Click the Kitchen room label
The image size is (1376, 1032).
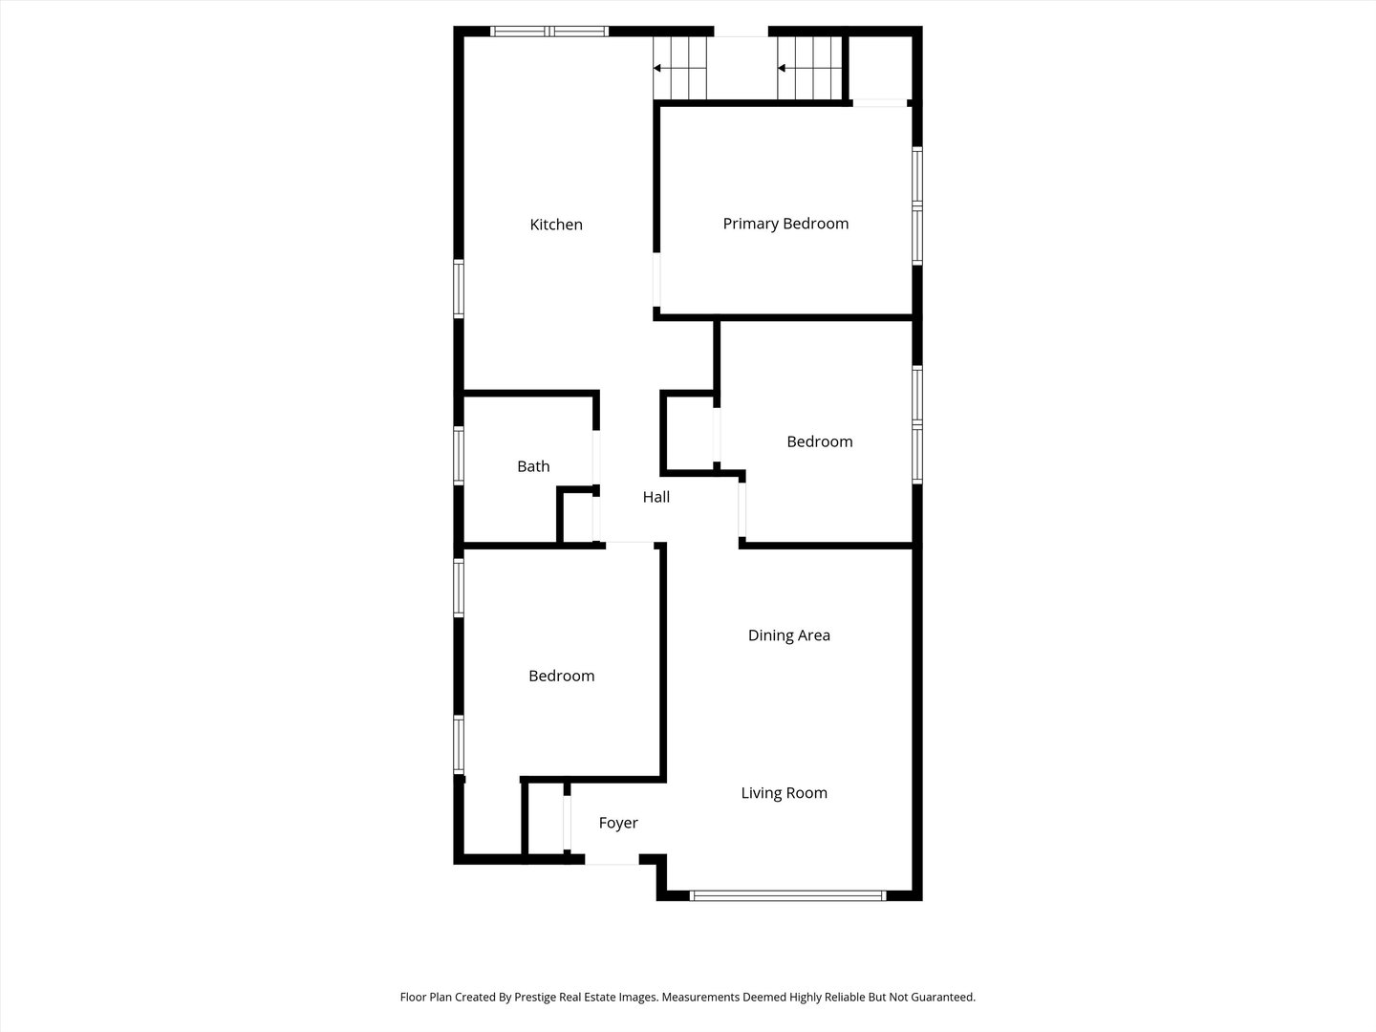pyautogui.click(x=556, y=225)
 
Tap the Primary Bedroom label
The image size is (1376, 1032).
pyautogui.click(x=785, y=224)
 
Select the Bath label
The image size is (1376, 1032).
pyautogui.click(x=533, y=466)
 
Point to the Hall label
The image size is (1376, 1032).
pyautogui.click(x=656, y=497)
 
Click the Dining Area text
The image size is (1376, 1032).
pyautogui.click(x=788, y=635)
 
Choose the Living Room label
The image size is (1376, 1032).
pyautogui.click(x=785, y=793)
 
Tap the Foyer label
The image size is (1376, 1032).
pyautogui.click(x=618, y=823)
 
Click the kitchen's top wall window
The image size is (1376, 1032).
pyautogui.click(x=549, y=32)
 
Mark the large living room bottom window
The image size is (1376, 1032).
pyautogui.click(x=788, y=896)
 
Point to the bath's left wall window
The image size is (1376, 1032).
pyautogui.click(x=459, y=456)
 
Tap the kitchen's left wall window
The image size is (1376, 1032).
pyautogui.click(x=459, y=289)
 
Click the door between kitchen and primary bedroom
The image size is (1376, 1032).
pyautogui.click(x=656, y=279)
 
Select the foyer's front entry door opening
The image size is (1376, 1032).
pyautogui.click(x=612, y=860)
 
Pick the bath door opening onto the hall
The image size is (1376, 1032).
pyautogui.click(x=596, y=457)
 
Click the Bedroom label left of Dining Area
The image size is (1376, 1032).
pyautogui.click(x=561, y=676)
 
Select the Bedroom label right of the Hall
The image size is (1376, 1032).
pyautogui.click(x=819, y=441)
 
